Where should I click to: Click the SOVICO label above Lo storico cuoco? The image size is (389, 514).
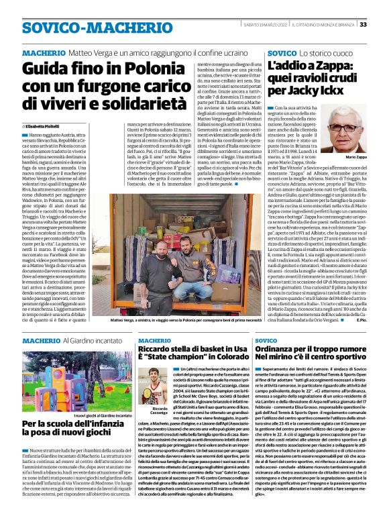pyautogui.click(x=281, y=52)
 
